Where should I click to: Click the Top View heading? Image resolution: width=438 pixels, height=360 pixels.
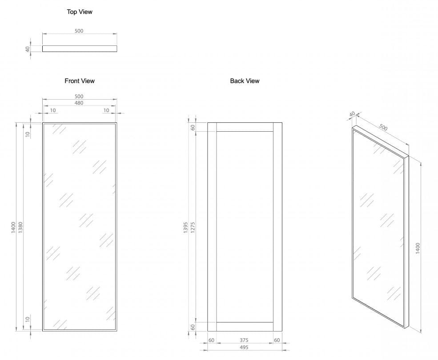tap(80, 12)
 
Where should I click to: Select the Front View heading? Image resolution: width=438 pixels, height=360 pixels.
tap(80, 81)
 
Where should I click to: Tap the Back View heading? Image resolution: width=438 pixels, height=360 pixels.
tap(245, 81)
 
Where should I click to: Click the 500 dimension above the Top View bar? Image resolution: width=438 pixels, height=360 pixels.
tap(80, 31)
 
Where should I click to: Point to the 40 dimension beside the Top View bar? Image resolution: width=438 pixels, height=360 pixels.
tap(28, 49)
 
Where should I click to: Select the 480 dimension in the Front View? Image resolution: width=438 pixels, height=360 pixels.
tap(79, 103)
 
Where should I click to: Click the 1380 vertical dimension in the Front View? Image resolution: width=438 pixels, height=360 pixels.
tap(20, 227)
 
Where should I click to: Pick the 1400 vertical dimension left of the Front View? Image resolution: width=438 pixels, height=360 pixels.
tap(14, 227)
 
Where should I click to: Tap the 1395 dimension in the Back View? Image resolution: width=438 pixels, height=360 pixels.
tap(186, 227)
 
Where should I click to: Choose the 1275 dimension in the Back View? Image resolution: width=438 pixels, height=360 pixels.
tap(193, 227)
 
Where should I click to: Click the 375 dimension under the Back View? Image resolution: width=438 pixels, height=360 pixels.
tap(244, 340)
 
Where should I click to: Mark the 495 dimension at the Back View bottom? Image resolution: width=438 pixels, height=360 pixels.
tap(244, 348)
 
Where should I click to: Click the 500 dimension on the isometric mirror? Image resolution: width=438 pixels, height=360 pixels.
tap(383, 128)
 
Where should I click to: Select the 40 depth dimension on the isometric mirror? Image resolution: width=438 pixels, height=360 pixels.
tap(353, 114)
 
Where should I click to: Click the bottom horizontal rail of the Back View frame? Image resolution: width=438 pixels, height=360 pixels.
tap(245, 327)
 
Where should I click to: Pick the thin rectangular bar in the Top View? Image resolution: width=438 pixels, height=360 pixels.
tap(80, 49)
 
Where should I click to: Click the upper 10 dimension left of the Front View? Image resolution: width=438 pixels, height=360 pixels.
tap(27, 133)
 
